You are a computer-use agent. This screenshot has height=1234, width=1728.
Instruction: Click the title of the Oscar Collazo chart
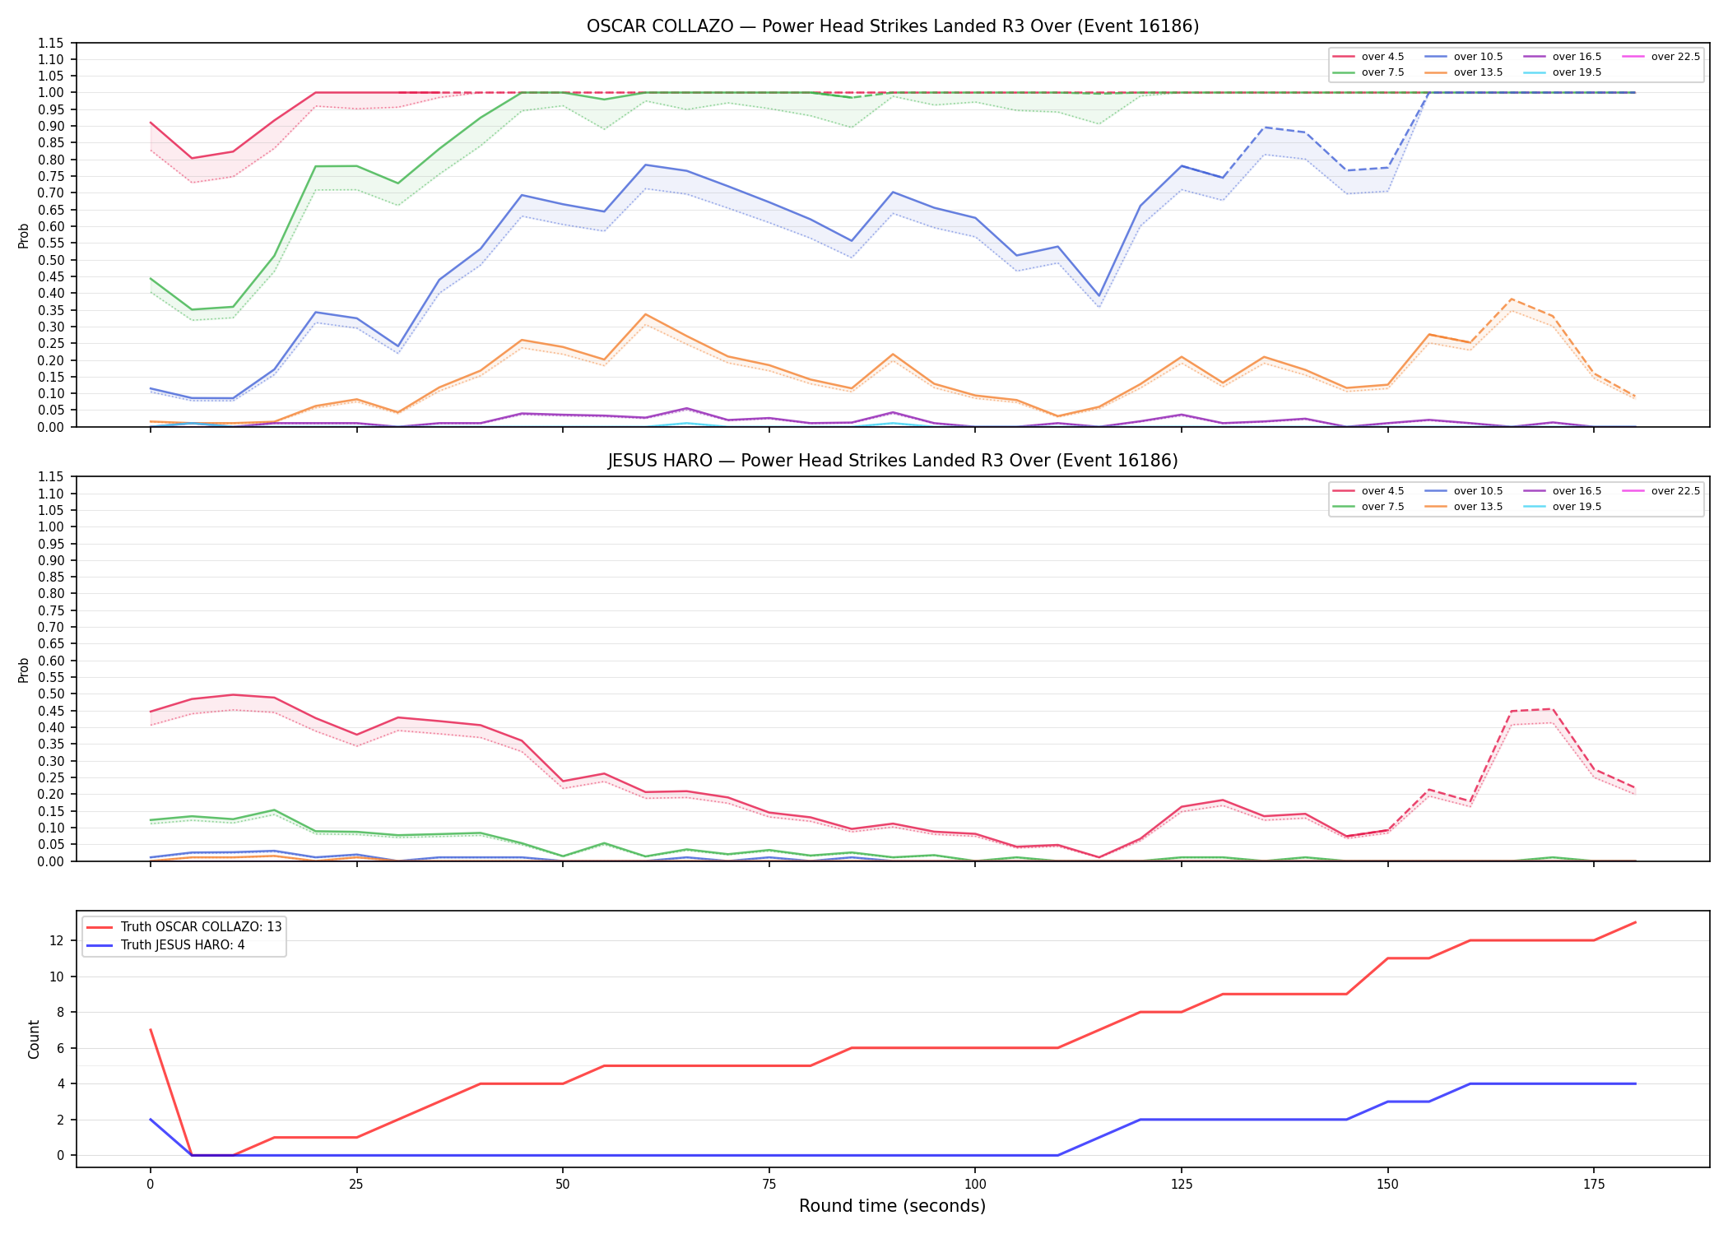pyautogui.click(x=893, y=26)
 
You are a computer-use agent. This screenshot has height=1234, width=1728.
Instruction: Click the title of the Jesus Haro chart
pyautogui.click(x=893, y=461)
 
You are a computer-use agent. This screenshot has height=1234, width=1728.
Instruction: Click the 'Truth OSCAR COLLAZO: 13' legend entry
pyautogui.click(x=183, y=927)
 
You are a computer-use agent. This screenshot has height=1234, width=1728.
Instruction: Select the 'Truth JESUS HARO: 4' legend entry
pyautogui.click(x=165, y=945)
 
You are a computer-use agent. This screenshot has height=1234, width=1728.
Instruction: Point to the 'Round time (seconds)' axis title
pyautogui.click(x=893, y=1206)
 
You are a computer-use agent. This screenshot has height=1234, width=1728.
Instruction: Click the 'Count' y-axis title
pyautogui.click(x=34, y=1039)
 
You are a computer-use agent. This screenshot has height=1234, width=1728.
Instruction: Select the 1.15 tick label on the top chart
pyautogui.click(x=50, y=43)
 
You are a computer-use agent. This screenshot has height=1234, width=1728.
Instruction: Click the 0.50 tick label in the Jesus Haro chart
pyautogui.click(x=50, y=694)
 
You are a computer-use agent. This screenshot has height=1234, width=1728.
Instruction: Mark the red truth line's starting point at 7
pyautogui.click(x=151, y=1030)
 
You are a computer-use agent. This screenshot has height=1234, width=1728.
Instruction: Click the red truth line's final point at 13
pyautogui.click(x=1635, y=922)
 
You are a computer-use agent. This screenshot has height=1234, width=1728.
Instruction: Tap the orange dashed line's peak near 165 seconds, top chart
pyautogui.click(x=1512, y=299)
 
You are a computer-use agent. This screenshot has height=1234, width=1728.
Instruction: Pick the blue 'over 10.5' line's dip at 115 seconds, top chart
pyautogui.click(x=1099, y=296)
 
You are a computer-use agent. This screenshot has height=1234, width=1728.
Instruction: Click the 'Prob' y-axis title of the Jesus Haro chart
pyautogui.click(x=24, y=670)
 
